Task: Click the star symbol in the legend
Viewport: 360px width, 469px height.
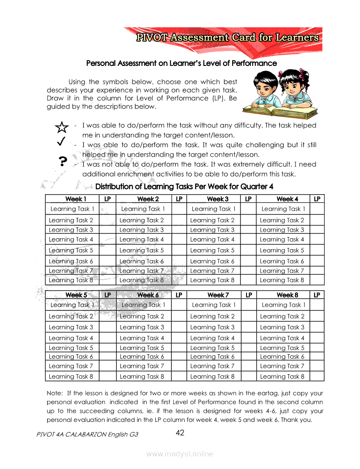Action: click(x=62, y=127)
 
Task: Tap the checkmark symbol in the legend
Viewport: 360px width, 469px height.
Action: click(x=62, y=141)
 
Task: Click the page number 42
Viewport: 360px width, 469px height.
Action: click(x=180, y=433)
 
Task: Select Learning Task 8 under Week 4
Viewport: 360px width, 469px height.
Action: click(x=282, y=280)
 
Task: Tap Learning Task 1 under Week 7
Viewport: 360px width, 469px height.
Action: click(x=213, y=305)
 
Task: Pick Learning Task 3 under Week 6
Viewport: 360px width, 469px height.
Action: click(x=142, y=327)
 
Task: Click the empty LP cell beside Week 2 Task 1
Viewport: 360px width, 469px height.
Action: click(x=179, y=209)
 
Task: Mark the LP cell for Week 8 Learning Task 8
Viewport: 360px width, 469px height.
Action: click(x=317, y=376)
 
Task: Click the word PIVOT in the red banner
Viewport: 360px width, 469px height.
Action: click(x=151, y=38)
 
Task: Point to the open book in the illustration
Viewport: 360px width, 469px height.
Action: click(x=279, y=111)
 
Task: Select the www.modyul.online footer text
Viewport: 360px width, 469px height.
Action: click(x=180, y=454)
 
